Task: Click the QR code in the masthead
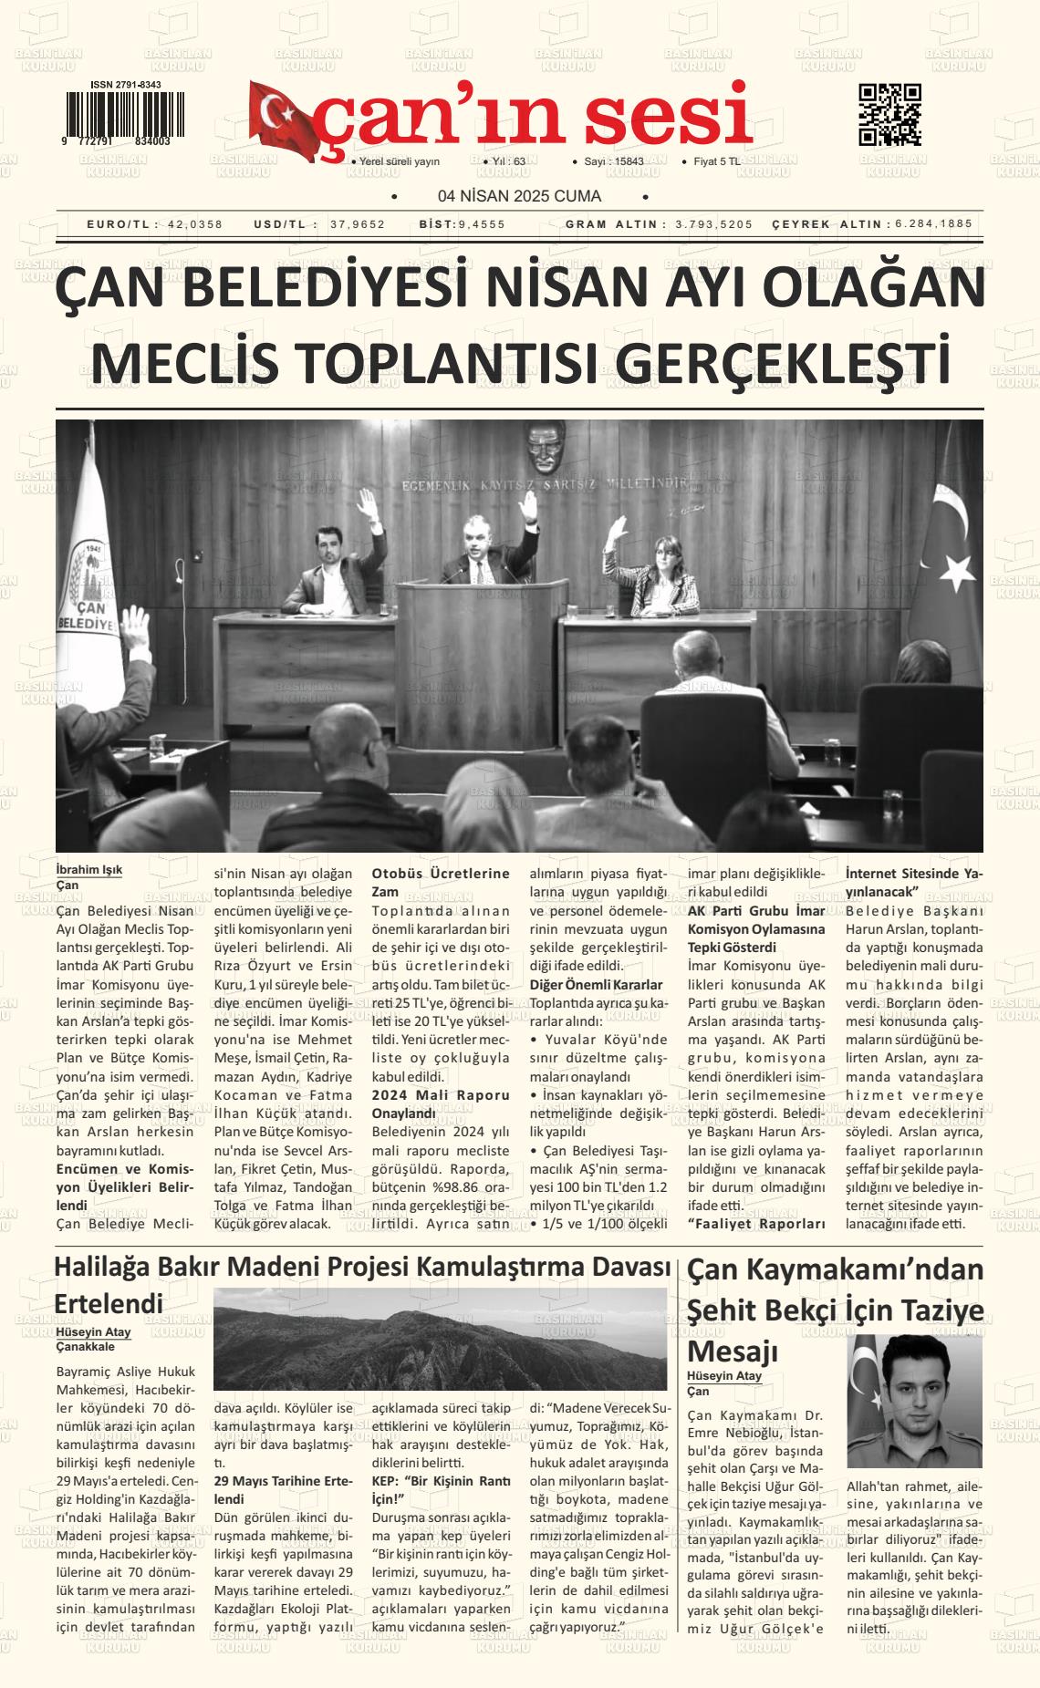point(889,115)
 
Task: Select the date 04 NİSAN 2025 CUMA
point(519,196)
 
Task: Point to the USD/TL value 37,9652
point(358,224)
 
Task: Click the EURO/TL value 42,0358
point(195,224)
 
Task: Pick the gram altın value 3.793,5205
point(713,224)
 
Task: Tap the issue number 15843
point(629,161)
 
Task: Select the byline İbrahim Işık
point(89,870)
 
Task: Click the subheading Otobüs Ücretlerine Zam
point(440,882)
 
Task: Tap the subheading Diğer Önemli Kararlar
point(596,985)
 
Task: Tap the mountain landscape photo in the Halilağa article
point(440,1338)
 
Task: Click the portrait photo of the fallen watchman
point(914,1400)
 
